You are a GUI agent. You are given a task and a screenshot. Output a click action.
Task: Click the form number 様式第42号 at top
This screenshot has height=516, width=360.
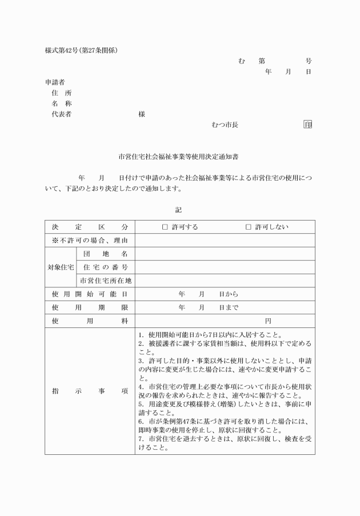61,50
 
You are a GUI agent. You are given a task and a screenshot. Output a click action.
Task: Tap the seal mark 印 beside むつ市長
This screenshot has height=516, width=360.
307,125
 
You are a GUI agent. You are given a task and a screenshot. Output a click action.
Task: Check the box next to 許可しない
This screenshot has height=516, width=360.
249,227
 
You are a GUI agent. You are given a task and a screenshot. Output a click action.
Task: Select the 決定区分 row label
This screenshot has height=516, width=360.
90,227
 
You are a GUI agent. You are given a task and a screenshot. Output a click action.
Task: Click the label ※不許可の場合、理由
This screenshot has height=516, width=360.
90,241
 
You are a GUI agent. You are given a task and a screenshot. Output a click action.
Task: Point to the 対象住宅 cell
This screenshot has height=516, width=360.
60,267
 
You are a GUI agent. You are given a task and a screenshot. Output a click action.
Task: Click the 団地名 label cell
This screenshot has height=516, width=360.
105,254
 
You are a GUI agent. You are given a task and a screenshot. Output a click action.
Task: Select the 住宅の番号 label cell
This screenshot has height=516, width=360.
105,267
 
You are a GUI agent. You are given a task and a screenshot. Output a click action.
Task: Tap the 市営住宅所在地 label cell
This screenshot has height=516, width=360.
105,281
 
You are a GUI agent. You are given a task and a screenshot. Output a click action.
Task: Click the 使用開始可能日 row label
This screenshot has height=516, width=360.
90,294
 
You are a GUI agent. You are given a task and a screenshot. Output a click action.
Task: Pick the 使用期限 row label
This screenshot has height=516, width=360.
90,307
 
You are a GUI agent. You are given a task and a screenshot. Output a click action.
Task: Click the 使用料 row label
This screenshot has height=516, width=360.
90,321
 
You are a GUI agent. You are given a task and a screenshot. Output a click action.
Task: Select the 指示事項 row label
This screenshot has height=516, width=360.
90,391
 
